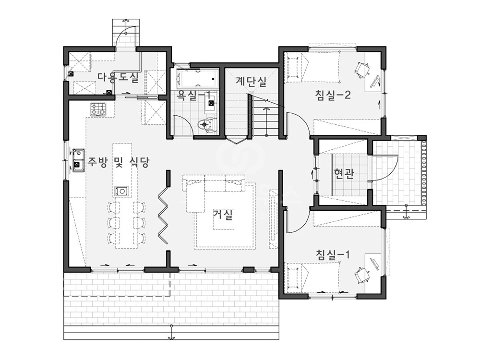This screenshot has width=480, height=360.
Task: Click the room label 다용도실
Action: pos(118,78)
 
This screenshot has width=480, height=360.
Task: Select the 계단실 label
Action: pos(251,81)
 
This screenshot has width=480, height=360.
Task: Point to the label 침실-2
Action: pos(333,95)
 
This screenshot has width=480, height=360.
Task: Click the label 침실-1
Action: pos(333,255)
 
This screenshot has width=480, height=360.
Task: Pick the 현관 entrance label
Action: pos(344,174)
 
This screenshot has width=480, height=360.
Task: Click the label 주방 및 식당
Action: pos(119,162)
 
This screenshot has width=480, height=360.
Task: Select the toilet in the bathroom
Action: pos(206,125)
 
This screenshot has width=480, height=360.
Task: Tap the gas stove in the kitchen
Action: pos(98,109)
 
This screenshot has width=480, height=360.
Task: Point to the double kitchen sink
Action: pos(78,160)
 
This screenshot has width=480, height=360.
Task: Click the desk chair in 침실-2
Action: pos(362,69)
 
